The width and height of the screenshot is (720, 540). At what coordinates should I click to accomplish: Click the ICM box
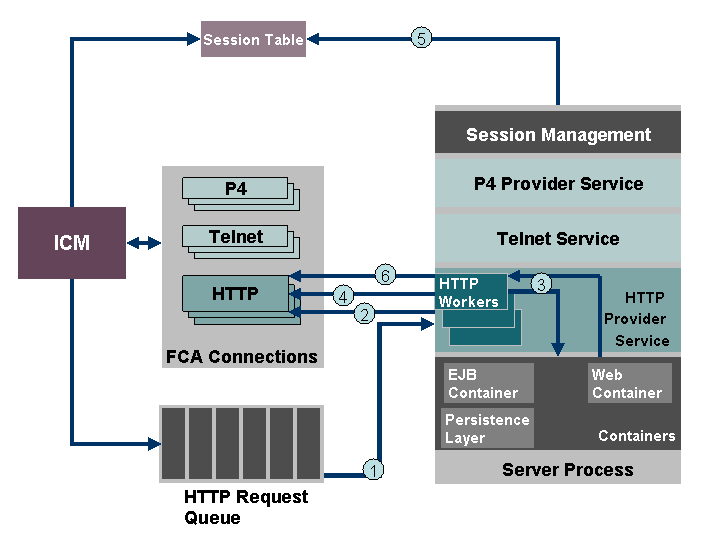[72, 243]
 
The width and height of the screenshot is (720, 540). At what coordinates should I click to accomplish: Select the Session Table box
[253, 39]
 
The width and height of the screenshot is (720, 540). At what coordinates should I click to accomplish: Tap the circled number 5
[422, 39]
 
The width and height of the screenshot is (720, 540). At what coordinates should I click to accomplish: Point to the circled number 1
[372, 469]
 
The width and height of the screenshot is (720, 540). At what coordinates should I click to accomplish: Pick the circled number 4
[343, 296]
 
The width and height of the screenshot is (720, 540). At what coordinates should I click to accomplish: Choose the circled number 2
[365, 314]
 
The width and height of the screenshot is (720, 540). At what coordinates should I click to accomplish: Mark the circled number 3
[541, 284]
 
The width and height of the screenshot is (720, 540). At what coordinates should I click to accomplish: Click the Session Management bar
[558, 134]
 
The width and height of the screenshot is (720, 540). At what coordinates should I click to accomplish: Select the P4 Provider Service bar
[558, 184]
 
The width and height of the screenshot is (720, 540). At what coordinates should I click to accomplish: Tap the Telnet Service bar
[558, 239]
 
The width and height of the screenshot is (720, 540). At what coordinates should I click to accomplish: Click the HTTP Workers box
[470, 292]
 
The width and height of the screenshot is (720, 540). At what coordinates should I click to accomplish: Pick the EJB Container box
[488, 384]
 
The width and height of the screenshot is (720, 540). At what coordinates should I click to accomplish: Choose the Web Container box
[629, 384]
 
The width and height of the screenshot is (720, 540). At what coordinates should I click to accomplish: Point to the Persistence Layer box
[487, 428]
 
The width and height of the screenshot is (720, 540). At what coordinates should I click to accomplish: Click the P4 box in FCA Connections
[236, 188]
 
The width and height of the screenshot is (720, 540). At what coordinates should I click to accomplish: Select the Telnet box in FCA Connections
[236, 237]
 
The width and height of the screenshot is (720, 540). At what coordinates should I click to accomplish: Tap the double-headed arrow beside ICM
[143, 243]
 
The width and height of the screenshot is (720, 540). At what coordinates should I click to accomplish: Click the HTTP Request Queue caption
[246, 507]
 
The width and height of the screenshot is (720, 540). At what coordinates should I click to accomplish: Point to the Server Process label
[567, 469]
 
